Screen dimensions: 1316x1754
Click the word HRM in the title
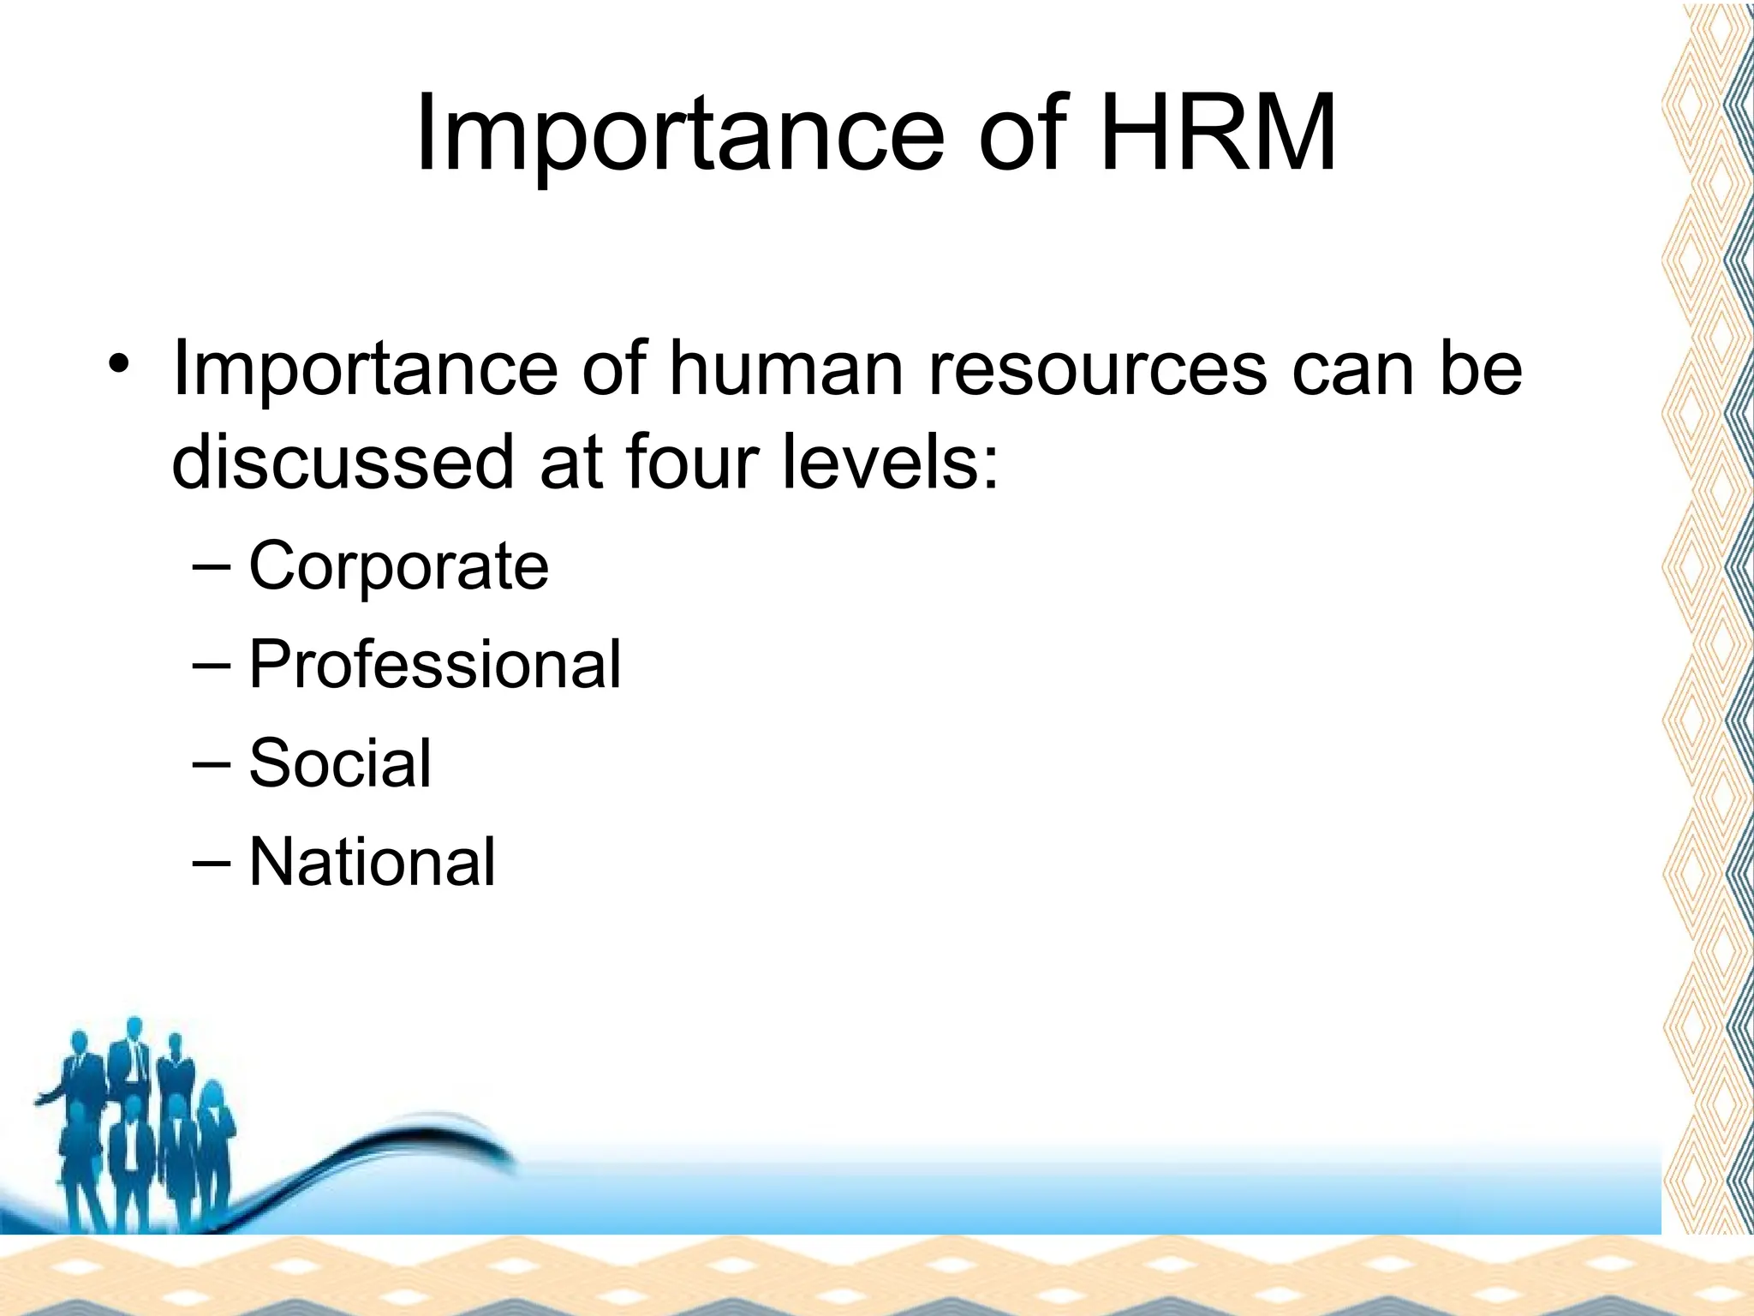[1218, 135]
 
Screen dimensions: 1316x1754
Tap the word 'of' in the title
[1023, 135]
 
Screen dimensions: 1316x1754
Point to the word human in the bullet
[785, 369]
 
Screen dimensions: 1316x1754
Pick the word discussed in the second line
[343, 463]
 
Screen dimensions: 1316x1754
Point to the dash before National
[211, 861]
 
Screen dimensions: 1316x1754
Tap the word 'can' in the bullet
[1351, 369]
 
